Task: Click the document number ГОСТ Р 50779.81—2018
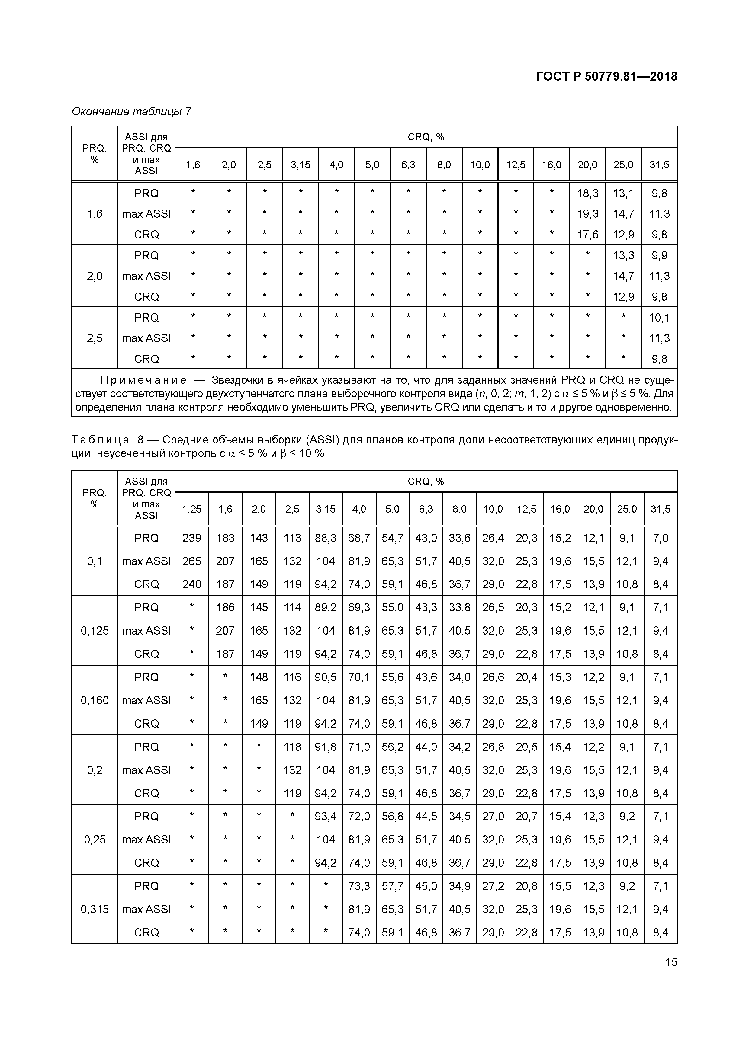coord(606,77)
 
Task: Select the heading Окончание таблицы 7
coord(131,112)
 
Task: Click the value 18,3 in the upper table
coord(587,193)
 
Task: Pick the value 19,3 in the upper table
coord(587,214)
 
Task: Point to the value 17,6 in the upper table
coord(587,235)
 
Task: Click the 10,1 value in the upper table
coord(659,318)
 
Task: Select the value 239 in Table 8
coord(191,538)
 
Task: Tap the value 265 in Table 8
coord(191,561)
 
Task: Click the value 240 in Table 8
coord(191,584)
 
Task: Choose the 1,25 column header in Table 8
coord(191,509)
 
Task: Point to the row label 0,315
coord(95,909)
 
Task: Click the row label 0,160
coord(95,701)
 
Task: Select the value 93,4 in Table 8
coord(325,816)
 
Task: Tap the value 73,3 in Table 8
coord(359,886)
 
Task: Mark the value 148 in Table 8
coord(259,677)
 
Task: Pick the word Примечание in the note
coord(143,380)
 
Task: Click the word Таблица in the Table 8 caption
coord(100,440)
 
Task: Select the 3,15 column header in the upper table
coord(301,165)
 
